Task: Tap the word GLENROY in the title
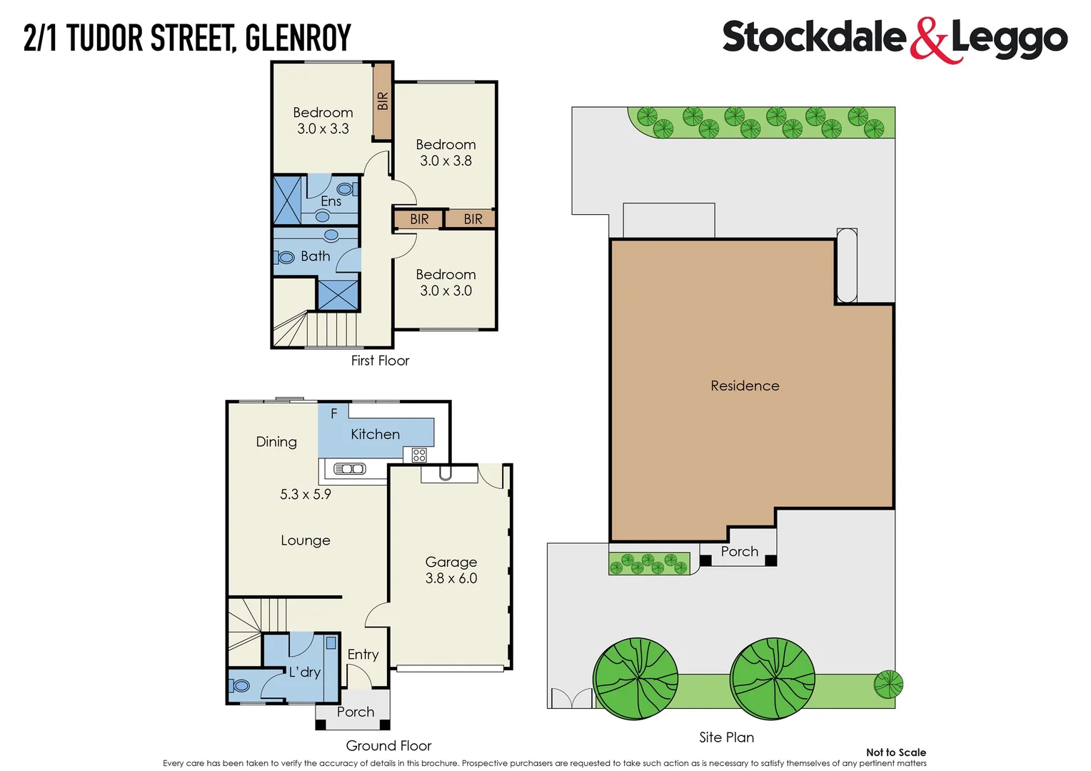pos(298,39)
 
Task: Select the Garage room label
pos(451,562)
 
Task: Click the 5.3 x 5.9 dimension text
pos(305,494)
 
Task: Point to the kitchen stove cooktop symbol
pos(419,455)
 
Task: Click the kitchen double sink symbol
pos(350,469)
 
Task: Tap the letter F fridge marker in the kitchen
pos(333,413)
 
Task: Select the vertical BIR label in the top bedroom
pos(383,101)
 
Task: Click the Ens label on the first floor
pos(331,201)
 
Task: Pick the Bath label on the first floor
pos(315,256)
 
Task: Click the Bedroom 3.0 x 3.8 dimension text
pos(446,161)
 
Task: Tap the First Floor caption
pos(380,361)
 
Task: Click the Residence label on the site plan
pos(745,385)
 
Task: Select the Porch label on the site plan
pos(739,551)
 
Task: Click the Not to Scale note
pos(895,752)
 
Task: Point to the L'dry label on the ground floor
pos(305,672)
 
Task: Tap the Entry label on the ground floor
pos(363,654)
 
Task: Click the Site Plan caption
pos(726,737)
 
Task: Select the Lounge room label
pos(306,540)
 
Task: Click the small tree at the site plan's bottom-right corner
pos(888,685)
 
